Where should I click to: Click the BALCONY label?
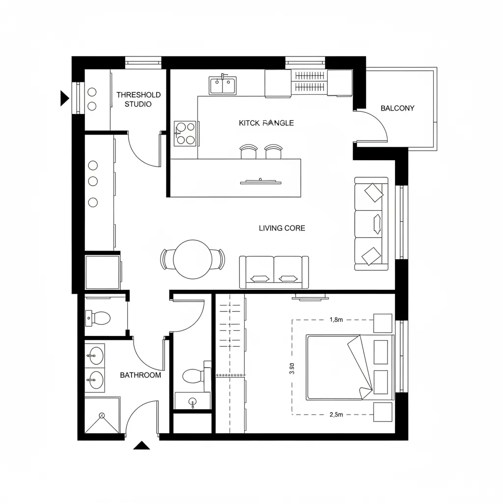[397, 108]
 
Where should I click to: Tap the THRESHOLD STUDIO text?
[138, 99]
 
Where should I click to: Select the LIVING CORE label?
[282, 228]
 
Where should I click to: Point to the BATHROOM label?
[140, 375]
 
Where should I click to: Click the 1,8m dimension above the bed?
[336, 320]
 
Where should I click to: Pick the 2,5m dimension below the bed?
[336, 415]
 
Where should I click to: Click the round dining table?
[193, 259]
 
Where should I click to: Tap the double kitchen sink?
[223, 85]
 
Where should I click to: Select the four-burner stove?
[185, 133]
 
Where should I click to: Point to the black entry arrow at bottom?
[142, 446]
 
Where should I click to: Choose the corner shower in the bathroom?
[102, 416]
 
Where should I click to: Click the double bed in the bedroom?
[350, 367]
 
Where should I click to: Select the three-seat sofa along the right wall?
[372, 224]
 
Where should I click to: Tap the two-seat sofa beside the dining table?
[274, 272]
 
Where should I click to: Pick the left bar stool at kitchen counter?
[249, 152]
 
